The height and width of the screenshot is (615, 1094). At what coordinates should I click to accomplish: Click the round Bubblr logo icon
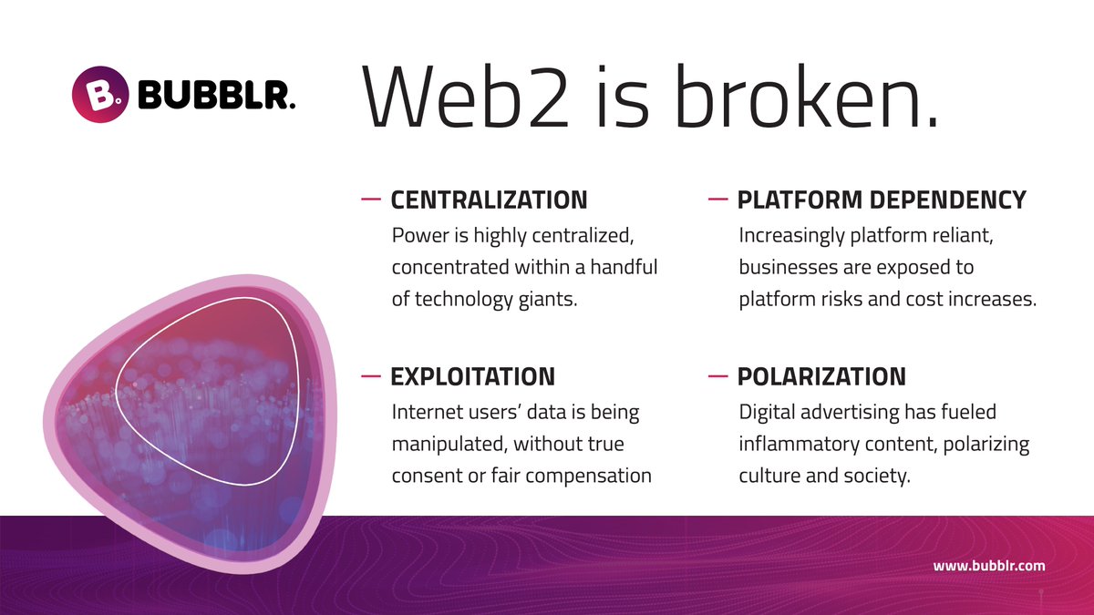point(98,92)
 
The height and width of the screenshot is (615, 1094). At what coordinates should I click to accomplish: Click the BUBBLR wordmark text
point(215,94)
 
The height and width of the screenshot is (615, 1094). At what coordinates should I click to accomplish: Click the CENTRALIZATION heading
point(489,200)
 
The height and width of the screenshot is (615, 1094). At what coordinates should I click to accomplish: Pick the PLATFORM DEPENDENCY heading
point(882,200)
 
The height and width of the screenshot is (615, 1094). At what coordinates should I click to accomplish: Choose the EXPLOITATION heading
point(472,376)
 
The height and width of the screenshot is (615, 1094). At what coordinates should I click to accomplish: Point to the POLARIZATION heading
point(821,376)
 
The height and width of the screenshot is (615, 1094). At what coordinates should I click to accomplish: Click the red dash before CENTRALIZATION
point(371,198)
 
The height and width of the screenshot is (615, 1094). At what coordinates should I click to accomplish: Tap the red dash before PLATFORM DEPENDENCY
point(717,198)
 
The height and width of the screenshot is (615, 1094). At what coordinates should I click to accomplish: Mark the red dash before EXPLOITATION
point(371,374)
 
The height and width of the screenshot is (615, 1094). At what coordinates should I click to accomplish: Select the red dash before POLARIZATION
point(717,374)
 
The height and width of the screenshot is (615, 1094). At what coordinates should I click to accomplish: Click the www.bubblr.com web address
point(988,566)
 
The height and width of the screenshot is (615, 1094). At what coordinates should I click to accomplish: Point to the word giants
point(546,300)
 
